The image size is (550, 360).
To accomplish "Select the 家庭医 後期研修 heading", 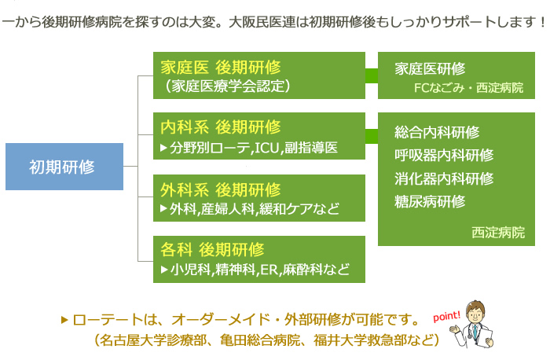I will coord(221,66).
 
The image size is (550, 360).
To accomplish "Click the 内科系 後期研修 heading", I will coord(221,127).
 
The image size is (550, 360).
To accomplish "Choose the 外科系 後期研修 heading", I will coord(221,189).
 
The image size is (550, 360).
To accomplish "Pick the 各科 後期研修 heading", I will coord(212,250).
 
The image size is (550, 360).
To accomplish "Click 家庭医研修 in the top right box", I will coord(430,68).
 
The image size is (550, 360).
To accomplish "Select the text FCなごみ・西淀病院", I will coord(468,87).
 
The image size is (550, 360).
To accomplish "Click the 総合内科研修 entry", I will coord(437,133).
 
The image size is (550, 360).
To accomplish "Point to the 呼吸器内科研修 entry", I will coord(444,156).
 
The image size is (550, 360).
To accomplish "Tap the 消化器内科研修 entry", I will coord(444,178).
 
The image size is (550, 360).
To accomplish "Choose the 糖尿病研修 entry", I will coord(430,201).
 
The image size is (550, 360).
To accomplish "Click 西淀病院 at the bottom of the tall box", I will coord(498,233).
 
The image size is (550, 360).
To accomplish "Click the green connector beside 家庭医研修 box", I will coord(372,75).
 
